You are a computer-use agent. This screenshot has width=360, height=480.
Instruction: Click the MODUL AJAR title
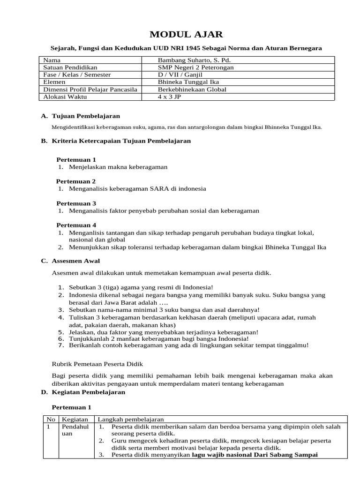point(180,34)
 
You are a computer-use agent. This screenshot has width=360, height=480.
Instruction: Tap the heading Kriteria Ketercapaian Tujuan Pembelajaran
point(121,141)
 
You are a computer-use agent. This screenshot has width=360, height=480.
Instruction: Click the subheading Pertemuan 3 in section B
point(76,203)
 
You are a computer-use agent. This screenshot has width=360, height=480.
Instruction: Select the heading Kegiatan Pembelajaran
point(88,392)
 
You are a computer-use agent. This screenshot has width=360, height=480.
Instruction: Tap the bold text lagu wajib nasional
point(223,455)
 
